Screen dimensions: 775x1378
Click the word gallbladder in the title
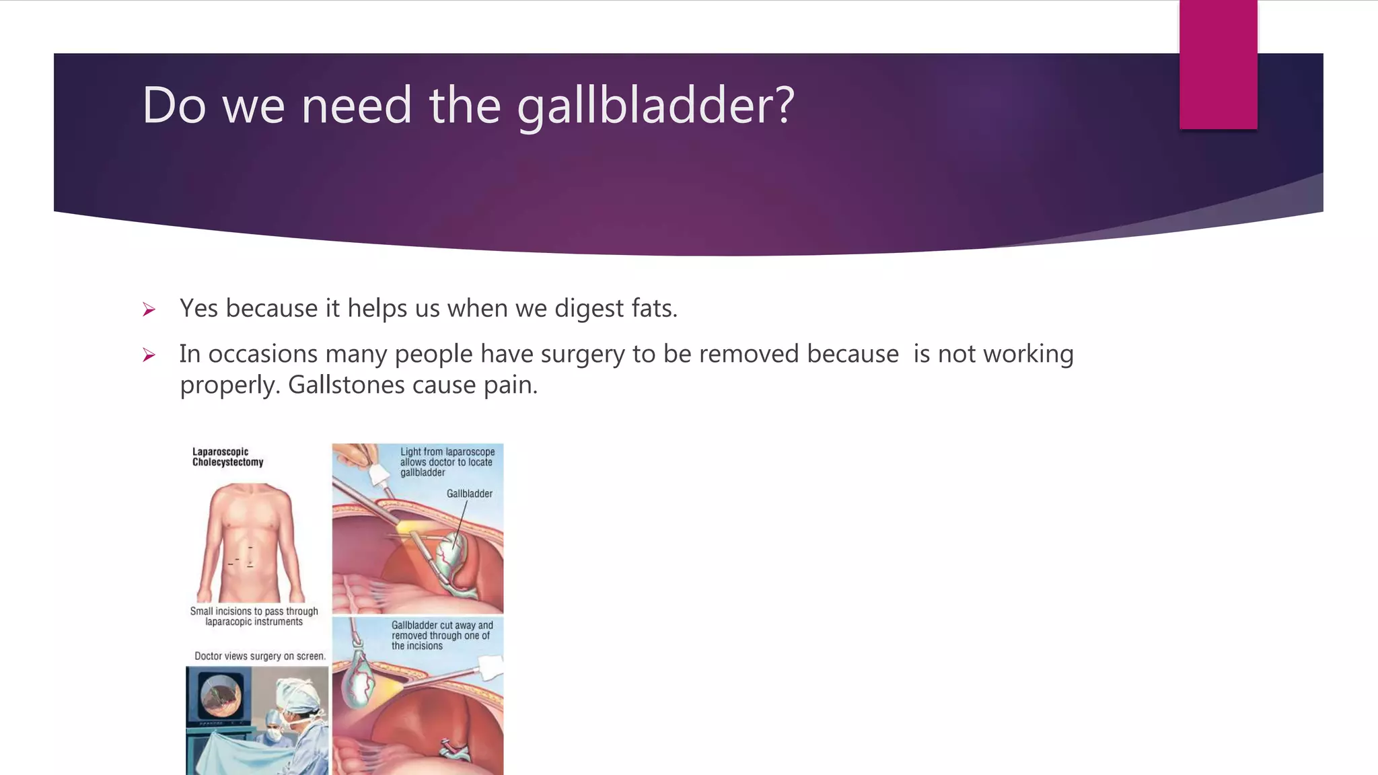pyautogui.click(x=656, y=106)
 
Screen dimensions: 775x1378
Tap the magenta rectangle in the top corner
pyautogui.click(x=1218, y=65)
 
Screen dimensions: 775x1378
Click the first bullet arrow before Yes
pyautogui.click(x=149, y=310)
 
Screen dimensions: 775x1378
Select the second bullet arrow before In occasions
pyautogui.click(x=149, y=355)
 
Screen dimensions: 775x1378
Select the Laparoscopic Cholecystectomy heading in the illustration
pyautogui.click(x=227, y=457)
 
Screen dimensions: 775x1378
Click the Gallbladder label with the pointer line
pyautogui.click(x=469, y=494)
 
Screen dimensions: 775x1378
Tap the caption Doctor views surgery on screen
pyautogui.click(x=260, y=656)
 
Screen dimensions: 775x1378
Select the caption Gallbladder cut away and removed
pyautogui.click(x=441, y=635)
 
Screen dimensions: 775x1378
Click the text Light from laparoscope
pyautogui.click(x=447, y=452)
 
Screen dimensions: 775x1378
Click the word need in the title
pyautogui.click(x=356, y=106)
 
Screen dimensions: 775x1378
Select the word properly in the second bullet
pyautogui.click(x=229, y=385)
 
